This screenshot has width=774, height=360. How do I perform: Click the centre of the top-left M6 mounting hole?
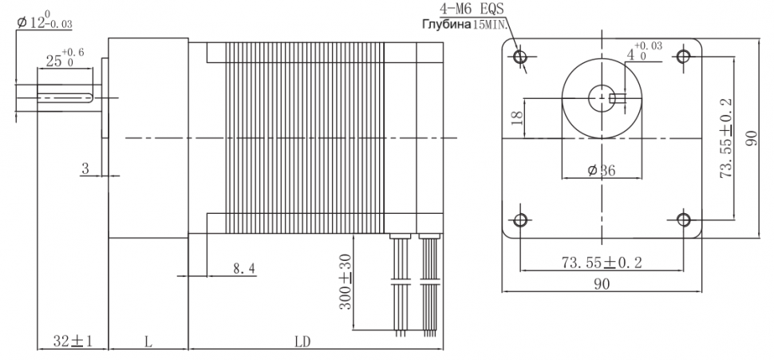pyautogui.click(x=519, y=57)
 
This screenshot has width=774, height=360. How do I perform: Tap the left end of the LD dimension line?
pyautogui.click(x=188, y=349)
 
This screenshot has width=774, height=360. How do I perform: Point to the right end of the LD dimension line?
pyautogui.click(x=444, y=349)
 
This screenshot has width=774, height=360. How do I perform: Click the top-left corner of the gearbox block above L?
pyautogui.click(x=109, y=38)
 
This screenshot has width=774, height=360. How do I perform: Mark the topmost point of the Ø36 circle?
pyautogui.click(x=602, y=57)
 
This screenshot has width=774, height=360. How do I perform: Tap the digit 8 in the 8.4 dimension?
pyautogui.click(x=238, y=269)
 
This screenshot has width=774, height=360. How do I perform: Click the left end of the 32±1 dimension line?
pyautogui.click(x=38, y=349)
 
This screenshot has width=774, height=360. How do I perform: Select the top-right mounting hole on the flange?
pyautogui.click(x=684, y=57)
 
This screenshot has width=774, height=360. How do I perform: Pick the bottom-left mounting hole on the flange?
pyautogui.click(x=520, y=220)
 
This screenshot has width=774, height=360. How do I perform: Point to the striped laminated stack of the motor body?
pyautogui.click(x=305, y=137)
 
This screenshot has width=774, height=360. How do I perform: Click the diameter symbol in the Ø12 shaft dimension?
pyautogui.click(x=22, y=22)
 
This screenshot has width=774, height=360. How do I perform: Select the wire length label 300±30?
pyautogui.click(x=346, y=282)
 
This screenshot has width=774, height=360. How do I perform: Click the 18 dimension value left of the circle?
pyautogui.click(x=517, y=117)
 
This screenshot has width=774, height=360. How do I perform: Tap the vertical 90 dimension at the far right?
pyautogui.click(x=752, y=138)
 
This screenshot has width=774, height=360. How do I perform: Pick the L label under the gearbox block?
pyautogui.click(x=148, y=342)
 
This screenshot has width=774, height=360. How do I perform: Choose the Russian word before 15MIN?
pyautogui.click(x=446, y=24)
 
